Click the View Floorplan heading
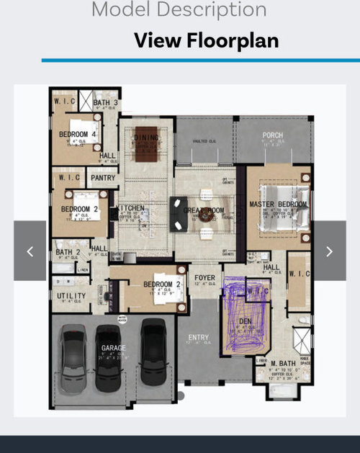click(x=206, y=40)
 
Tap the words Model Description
click(x=179, y=9)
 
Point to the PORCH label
click(x=272, y=135)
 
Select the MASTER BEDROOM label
click(x=278, y=205)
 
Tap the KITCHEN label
click(x=132, y=209)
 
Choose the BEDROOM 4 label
click(x=78, y=135)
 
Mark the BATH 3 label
click(x=105, y=103)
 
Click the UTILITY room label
click(x=71, y=296)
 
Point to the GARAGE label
click(x=113, y=348)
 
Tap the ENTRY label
click(x=199, y=338)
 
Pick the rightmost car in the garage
click(x=153, y=353)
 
